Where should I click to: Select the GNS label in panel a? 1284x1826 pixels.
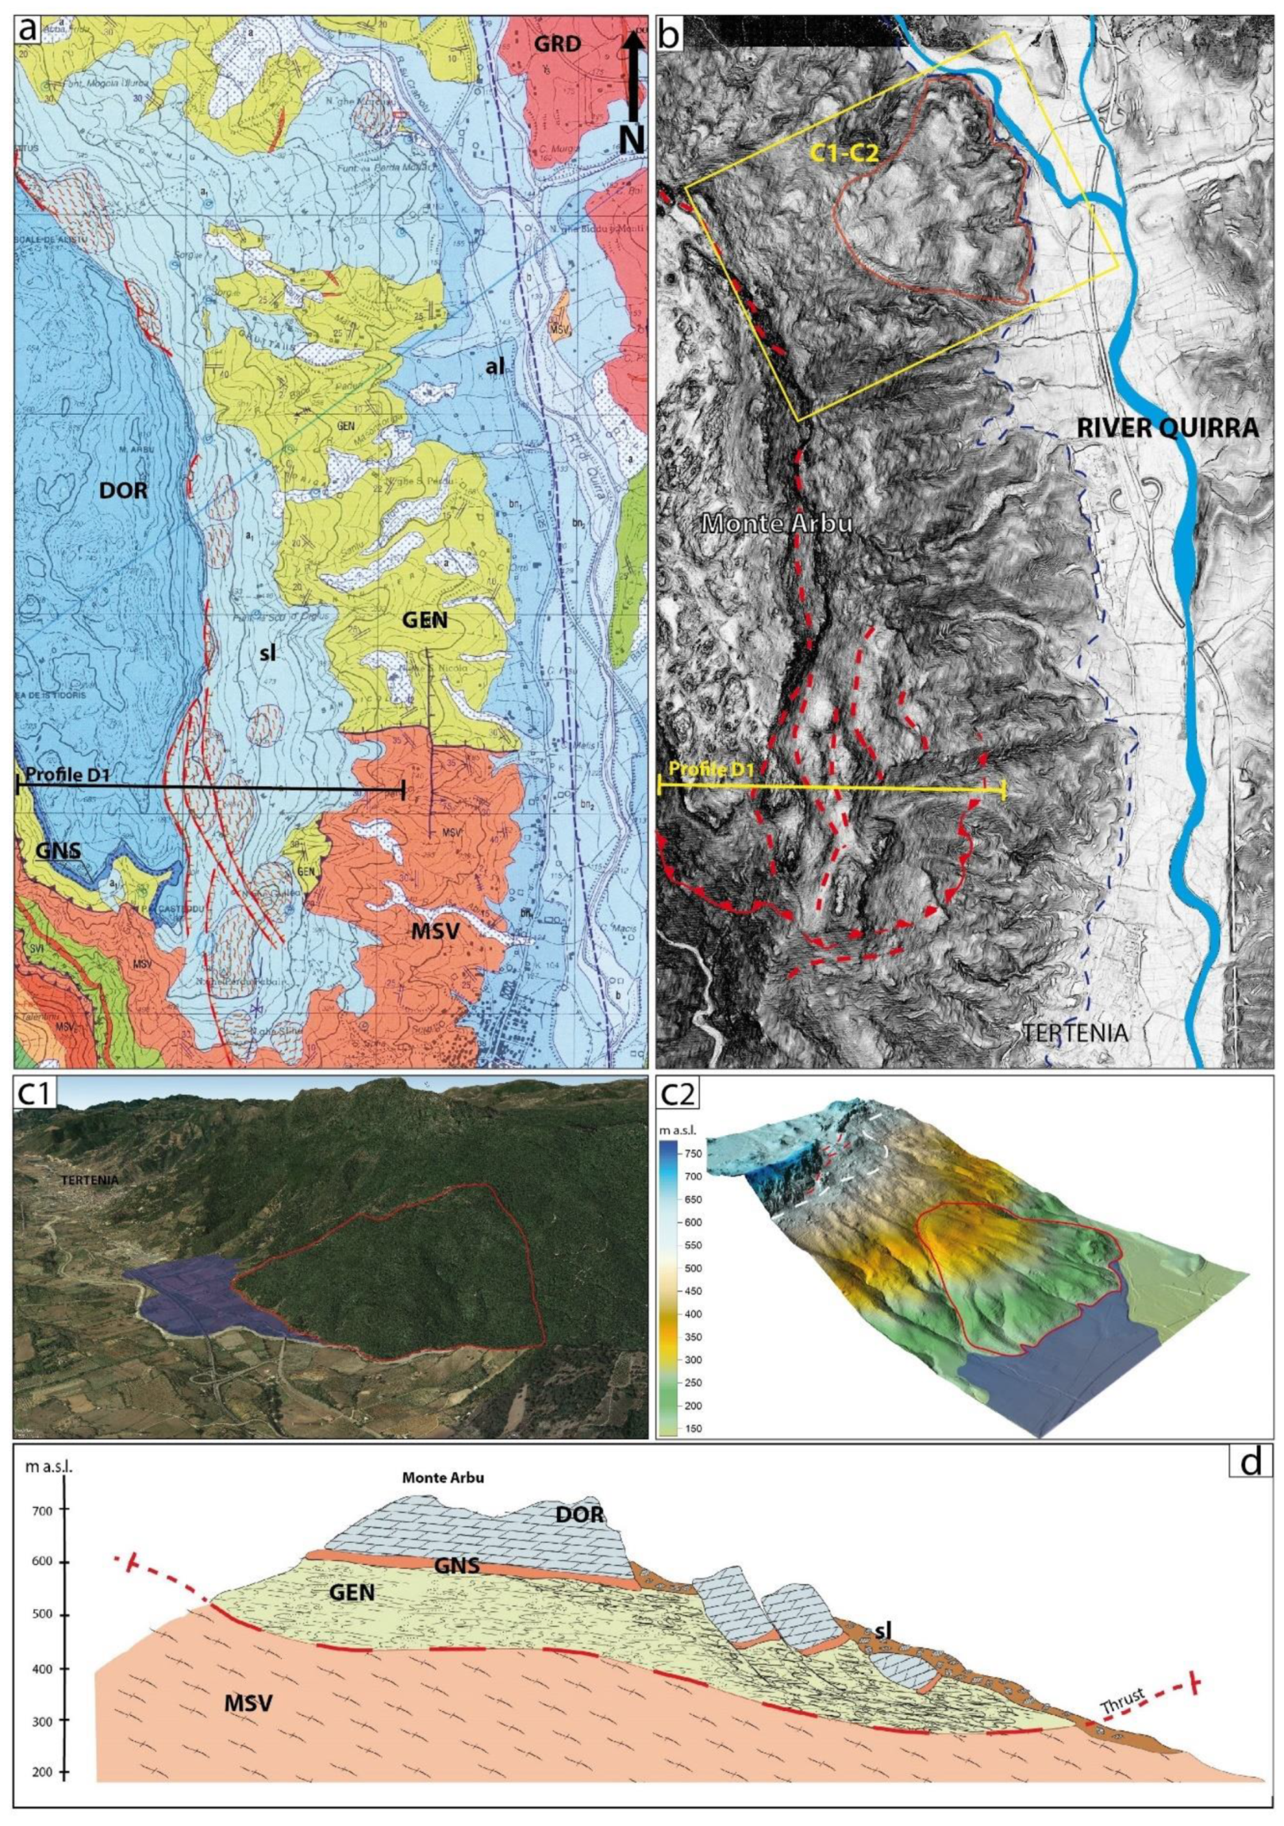point(60,850)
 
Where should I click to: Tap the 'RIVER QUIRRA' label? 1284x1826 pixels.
point(1168,428)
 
